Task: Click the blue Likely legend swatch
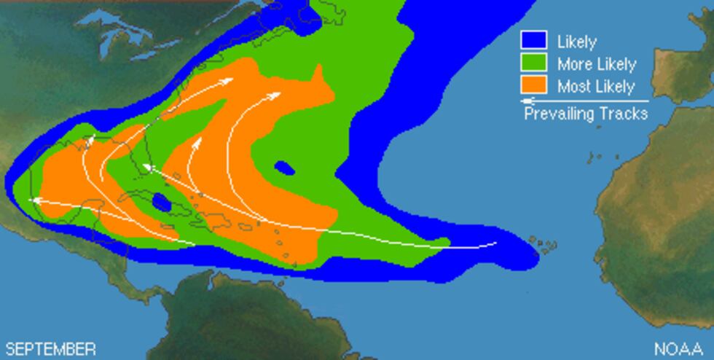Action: click(533, 41)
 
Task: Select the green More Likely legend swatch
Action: click(533, 63)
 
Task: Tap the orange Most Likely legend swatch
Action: click(533, 85)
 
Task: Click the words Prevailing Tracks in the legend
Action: click(586, 114)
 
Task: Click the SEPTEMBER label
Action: click(50, 349)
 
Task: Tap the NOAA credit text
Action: click(678, 349)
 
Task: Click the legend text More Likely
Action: click(596, 64)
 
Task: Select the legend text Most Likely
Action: click(595, 86)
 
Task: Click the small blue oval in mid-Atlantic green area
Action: click(284, 168)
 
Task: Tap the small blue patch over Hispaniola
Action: click(161, 203)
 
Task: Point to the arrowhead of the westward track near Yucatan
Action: click(32, 200)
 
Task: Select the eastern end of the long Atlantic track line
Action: click(495, 243)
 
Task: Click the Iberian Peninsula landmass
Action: click(685, 69)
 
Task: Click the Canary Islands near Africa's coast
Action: click(599, 155)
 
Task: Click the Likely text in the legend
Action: click(576, 42)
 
